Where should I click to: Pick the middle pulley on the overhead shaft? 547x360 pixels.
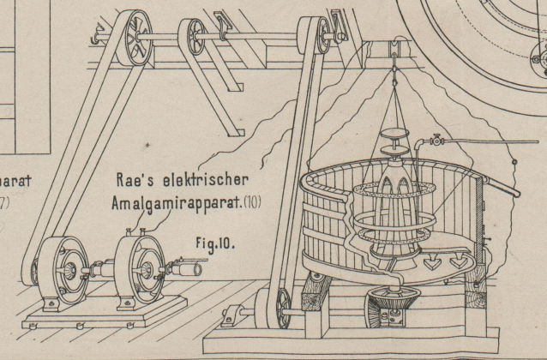point(192,38)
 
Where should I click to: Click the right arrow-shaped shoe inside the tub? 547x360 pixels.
point(468,258)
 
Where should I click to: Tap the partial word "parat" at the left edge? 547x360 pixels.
point(18,182)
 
